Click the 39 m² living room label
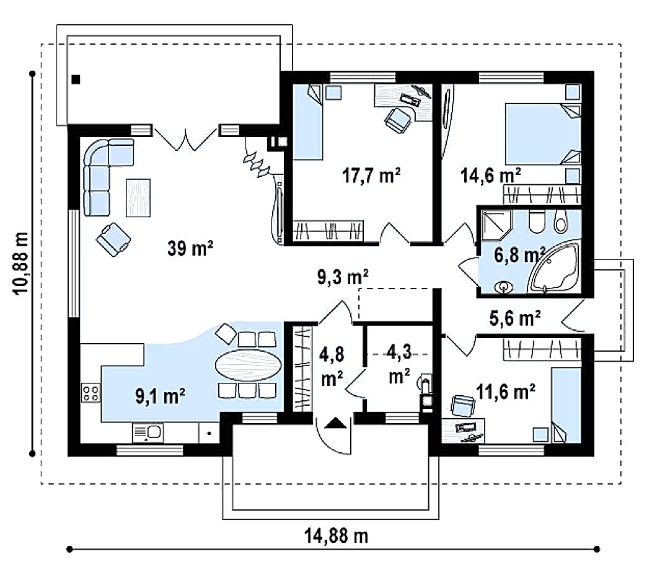[190, 248]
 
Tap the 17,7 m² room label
[371, 175]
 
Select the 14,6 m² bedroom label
[491, 175]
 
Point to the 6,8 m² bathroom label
[519, 255]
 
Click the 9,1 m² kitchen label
[161, 396]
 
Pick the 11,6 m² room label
[506, 391]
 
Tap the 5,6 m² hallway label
[515, 318]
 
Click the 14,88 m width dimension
[336, 536]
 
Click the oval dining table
[248, 365]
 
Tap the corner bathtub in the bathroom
[553, 267]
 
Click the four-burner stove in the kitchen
[90, 392]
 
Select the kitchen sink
[148, 432]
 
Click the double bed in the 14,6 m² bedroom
[542, 134]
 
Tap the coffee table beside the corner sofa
[138, 197]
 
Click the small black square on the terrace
[76, 79]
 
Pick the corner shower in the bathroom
[496, 225]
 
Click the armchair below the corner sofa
[113, 239]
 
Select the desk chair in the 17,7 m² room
[398, 120]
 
